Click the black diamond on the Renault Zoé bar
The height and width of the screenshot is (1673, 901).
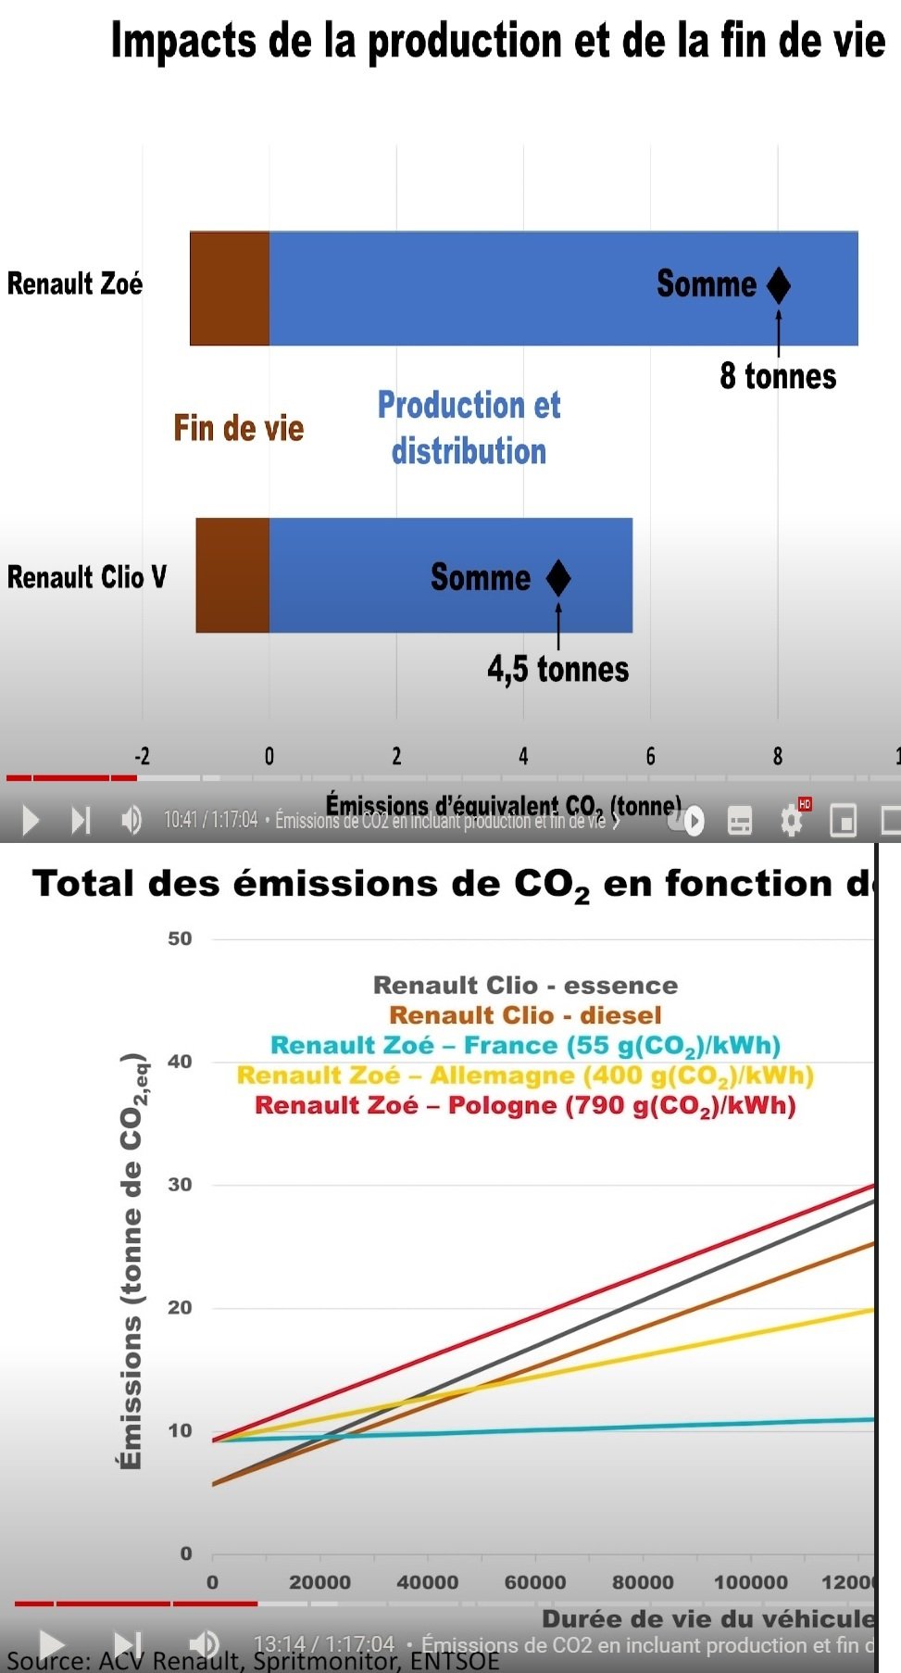point(779,285)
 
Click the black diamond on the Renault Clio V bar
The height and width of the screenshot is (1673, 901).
point(558,578)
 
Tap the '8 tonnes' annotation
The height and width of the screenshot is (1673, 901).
point(778,376)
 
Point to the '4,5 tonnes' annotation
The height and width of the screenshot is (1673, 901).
point(557,669)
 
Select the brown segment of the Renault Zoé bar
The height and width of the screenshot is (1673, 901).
point(230,288)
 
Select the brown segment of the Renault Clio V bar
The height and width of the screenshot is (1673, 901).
point(232,575)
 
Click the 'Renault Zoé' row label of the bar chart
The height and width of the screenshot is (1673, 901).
point(75,283)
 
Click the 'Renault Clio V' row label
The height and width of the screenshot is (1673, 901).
point(87,577)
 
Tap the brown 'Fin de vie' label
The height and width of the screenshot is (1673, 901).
point(238,428)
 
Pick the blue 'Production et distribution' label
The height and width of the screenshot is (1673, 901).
point(469,427)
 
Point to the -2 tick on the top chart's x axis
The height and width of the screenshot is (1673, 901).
point(142,757)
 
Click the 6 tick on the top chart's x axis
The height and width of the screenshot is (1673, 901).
point(650,757)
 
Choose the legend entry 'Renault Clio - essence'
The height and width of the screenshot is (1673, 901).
point(525,985)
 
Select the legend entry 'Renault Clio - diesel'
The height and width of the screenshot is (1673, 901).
point(525,1015)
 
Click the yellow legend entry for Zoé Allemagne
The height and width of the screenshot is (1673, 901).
point(525,1075)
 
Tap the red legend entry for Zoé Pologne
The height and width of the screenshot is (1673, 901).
point(525,1105)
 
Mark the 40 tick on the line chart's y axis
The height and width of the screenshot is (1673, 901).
point(180,1062)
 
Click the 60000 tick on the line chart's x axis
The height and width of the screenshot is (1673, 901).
point(534,1582)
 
